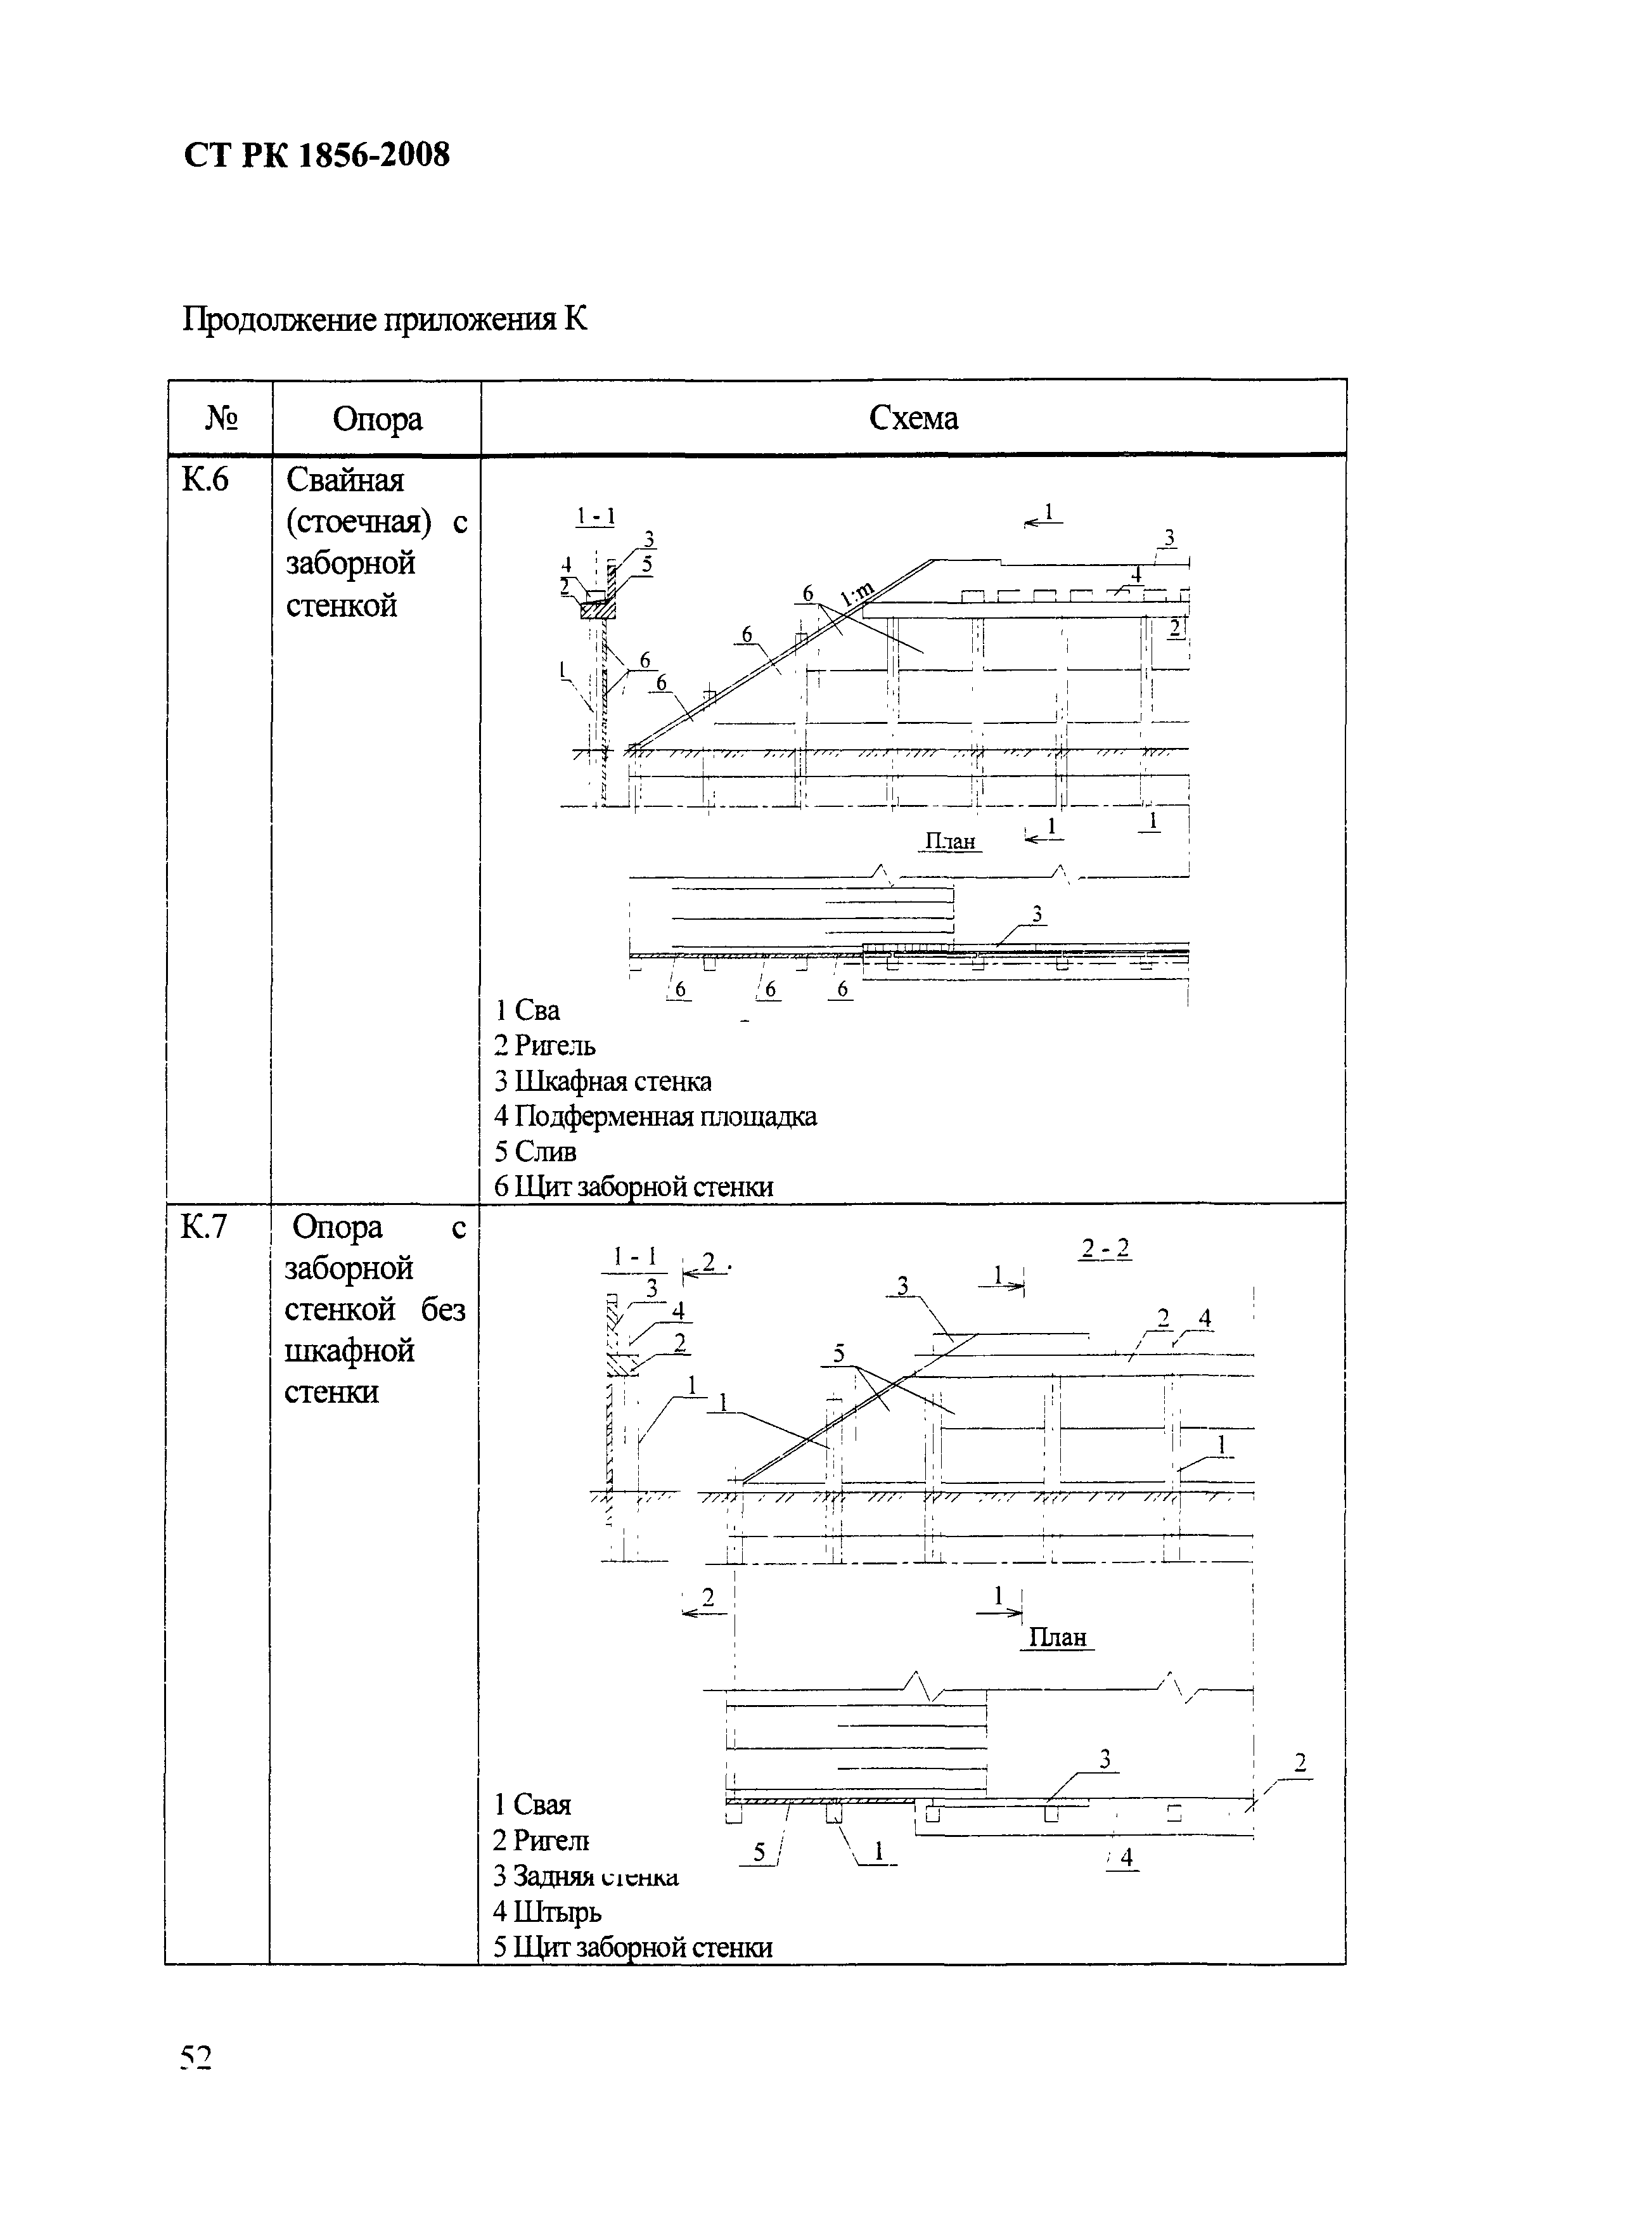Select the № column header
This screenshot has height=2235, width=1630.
coord(221,418)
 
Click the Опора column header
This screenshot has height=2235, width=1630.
coord(377,418)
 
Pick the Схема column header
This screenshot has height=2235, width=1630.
coord(913,418)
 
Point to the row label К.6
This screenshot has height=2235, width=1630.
coord(205,480)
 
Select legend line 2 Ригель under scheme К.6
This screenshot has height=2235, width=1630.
coord(544,1045)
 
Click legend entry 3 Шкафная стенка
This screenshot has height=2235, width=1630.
coord(603,1081)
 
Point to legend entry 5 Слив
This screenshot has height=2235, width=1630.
coord(535,1152)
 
